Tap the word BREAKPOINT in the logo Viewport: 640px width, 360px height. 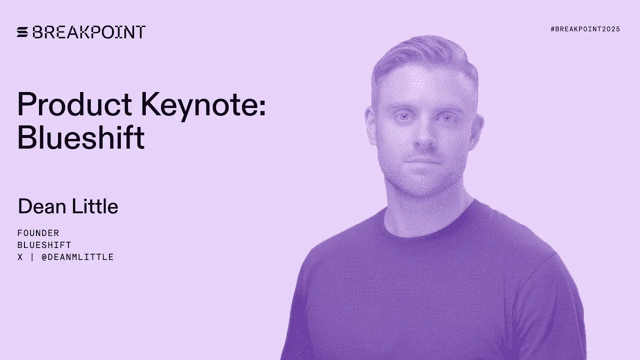(x=89, y=32)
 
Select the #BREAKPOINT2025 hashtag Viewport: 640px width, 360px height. (x=585, y=29)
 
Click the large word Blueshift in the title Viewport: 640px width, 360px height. (x=81, y=137)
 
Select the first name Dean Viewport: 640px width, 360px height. (x=41, y=206)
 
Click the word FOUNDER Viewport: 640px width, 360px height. (x=38, y=233)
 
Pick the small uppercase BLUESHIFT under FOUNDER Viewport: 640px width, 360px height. (x=44, y=245)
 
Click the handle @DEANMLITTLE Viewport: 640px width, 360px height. (x=77, y=257)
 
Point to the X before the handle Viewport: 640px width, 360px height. (x=20, y=257)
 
